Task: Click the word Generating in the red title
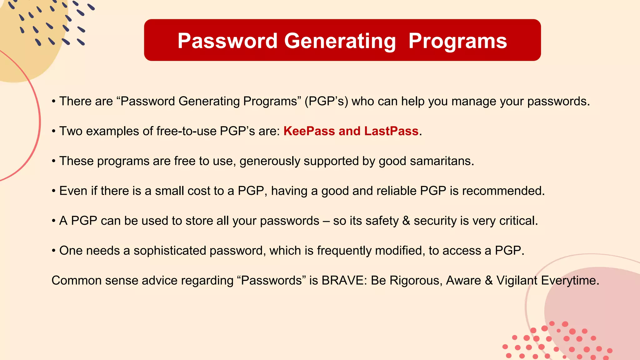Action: [340, 41]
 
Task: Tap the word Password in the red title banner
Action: [227, 41]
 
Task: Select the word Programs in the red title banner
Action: [457, 41]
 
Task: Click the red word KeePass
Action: [309, 131]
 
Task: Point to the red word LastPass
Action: [391, 131]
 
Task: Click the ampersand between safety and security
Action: [406, 221]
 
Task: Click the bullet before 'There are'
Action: [54, 101]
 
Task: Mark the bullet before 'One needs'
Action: [54, 251]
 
